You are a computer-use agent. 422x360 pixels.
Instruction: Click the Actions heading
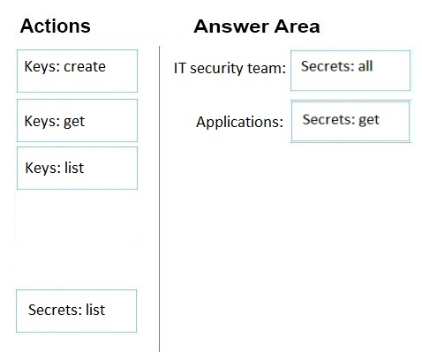click(x=56, y=26)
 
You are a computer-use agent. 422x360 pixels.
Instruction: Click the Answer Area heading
click(x=257, y=26)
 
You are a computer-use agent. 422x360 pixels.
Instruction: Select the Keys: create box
click(x=77, y=71)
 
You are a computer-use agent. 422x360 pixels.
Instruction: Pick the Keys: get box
click(x=77, y=120)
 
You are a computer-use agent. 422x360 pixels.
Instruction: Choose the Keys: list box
click(x=77, y=168)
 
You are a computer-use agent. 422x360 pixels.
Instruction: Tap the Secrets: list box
click(x=76, y=311)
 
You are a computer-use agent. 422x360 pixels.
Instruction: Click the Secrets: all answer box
click(x=350, y=71)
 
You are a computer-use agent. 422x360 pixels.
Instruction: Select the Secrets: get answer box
click(x=350, y=121)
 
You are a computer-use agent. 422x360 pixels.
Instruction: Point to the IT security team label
click(x=230, y=68)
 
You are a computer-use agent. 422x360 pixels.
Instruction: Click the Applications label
click(x=239, y=122)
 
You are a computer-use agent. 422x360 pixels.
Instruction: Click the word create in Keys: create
click(x=85, y=66)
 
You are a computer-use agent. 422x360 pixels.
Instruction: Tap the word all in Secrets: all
click(x=365, y=66)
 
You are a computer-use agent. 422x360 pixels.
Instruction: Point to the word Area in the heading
click(x=298, y=26)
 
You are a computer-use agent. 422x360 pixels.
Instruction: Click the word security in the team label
click(x=216, y=69)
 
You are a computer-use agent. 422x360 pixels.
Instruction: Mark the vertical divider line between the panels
click(x=160, y=199)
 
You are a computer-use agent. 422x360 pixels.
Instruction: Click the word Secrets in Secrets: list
click(x=55, y=310)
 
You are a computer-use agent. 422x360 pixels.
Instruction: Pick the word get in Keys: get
click(x=74, y=122)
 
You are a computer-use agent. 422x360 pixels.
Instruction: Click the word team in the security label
click(x=267, y=68)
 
